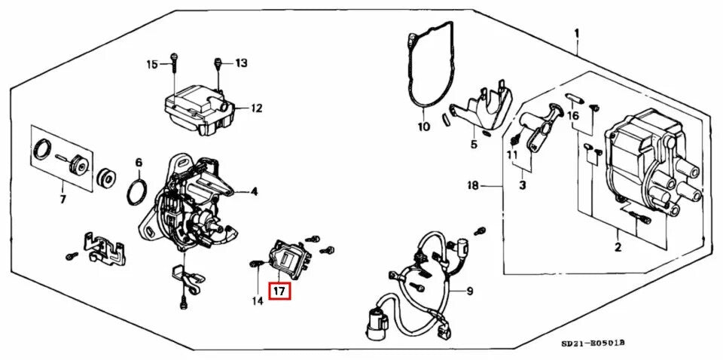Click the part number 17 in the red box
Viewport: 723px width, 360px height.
(280, 290)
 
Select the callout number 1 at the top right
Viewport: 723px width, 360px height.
(577, 33)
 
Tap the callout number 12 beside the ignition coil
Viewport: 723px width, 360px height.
(257, 108)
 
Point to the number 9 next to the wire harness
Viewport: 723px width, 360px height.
(469, 291)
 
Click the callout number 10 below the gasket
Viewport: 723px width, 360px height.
(423, 126)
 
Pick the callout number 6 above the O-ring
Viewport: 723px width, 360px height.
(139, 162)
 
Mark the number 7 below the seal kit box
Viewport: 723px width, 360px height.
(63, 200)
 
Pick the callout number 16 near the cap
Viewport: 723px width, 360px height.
(574, 116)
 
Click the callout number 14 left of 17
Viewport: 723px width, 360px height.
(258, 301)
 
